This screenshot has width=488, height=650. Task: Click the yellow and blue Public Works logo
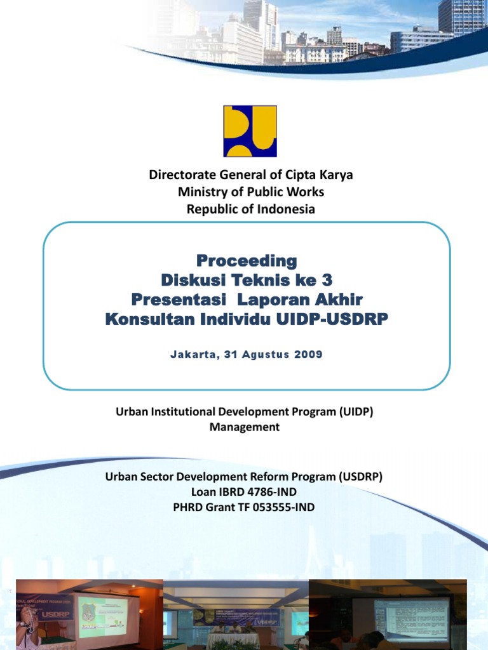pos(250,131)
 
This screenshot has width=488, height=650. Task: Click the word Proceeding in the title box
pos(246,260)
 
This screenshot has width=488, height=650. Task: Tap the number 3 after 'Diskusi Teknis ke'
pos(327,279)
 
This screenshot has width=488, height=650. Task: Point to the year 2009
pos(308,354)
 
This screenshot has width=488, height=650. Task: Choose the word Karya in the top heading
pos(333,175)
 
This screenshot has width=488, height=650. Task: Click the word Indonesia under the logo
pos(285,209)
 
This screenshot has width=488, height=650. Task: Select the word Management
pos(244,427)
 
